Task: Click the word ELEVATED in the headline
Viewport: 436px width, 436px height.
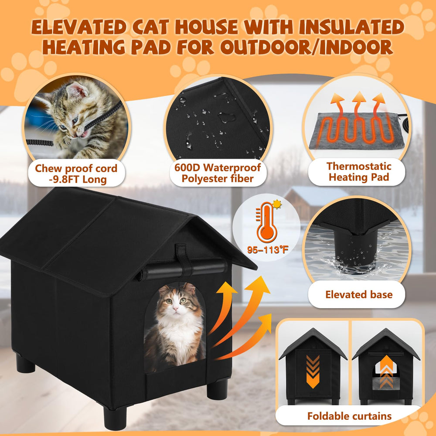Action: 79,27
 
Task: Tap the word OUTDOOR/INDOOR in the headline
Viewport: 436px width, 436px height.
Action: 307,47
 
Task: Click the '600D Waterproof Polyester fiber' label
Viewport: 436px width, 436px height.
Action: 218,173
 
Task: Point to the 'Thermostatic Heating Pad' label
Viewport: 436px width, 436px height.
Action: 359,171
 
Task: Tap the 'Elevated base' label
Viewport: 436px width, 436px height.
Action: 359,294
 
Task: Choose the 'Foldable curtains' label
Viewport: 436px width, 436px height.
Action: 350,416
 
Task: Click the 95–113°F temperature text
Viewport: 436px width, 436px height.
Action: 268,249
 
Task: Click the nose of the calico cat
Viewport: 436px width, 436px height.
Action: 175,309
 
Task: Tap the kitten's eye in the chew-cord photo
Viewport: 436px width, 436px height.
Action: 75,120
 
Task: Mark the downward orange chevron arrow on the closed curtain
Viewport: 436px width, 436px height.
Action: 313,371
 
